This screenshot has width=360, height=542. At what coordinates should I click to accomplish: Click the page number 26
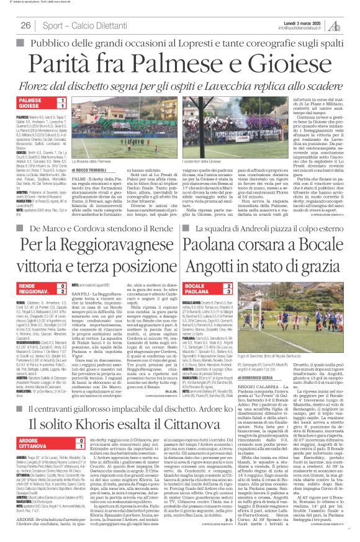[27, 24]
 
